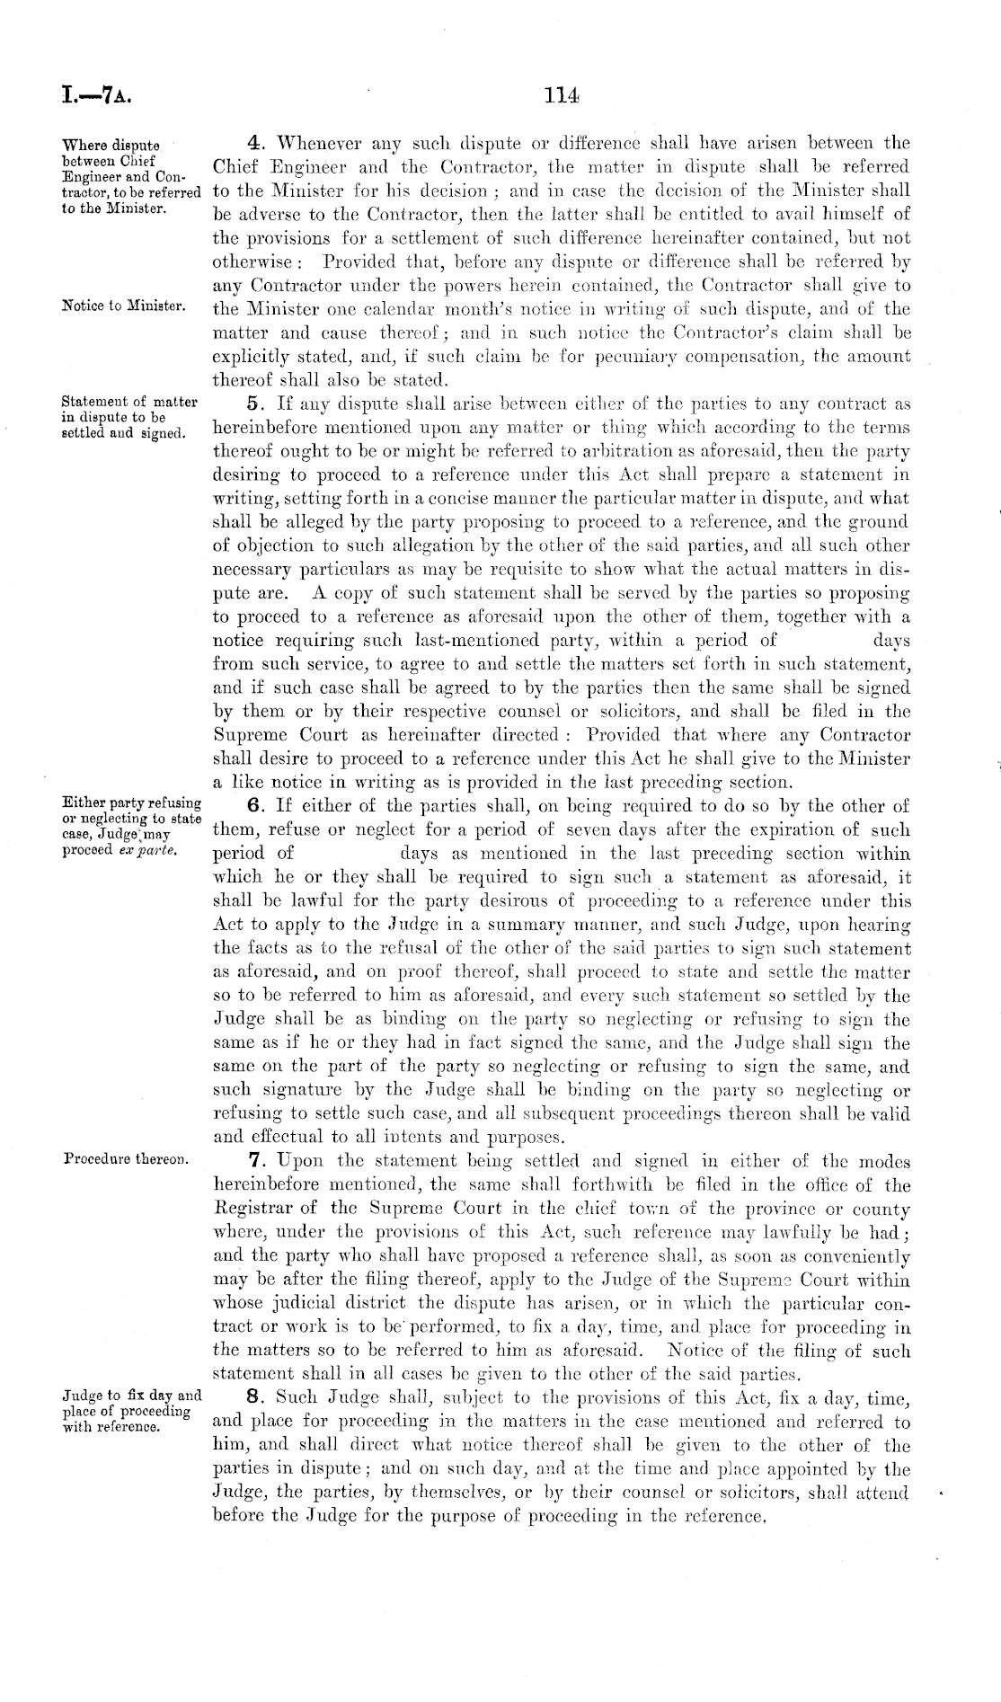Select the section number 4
[x=254, y=143]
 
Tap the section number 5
[x=254, y=403]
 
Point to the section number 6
[x=254, y=805]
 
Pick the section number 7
[x=254, y=1161]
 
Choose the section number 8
[x=254, y=1398]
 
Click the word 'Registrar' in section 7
[x=254, y=1209]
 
